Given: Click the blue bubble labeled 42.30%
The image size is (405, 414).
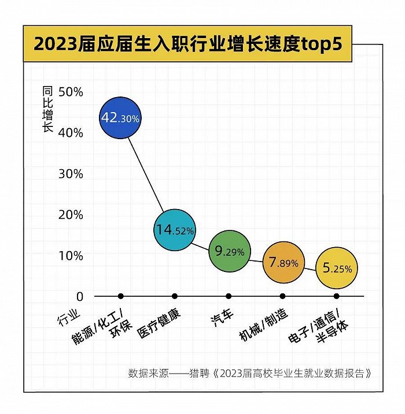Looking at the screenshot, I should (x=120, y=118).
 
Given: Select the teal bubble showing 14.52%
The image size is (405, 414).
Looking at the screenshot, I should (x=174, y=230).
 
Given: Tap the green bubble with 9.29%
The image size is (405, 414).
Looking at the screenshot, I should (x=229, y=251).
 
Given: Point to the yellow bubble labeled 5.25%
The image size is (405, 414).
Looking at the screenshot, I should (x=337, y=268).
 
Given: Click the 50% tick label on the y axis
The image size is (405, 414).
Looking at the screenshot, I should (x=71, y=92).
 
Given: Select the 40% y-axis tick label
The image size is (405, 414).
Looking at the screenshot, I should (x=71, y=133).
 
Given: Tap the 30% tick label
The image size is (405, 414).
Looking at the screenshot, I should (x=71, y=174).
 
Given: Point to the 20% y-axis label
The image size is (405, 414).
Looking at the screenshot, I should (x=71, y=215).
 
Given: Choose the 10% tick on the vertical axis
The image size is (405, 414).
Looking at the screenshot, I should (x=71, y=256).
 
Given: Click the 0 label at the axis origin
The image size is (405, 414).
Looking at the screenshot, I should (x=80, y=296).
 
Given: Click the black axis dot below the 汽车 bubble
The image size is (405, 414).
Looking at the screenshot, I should (x=229, y=296).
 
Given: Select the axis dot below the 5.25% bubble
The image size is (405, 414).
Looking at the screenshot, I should (x=337, y=296).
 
